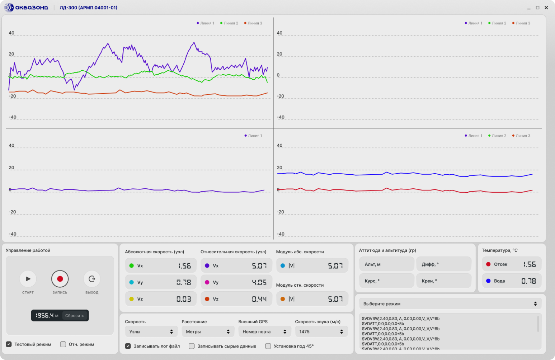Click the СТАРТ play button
[28, 279]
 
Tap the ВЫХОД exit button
[92, 279]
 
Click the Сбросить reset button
[75, 315]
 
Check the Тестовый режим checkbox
[9, 344]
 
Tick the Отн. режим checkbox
[63, 344]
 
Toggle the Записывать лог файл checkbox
[128, 346]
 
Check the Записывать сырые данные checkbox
[191, 346]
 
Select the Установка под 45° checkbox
[268, 346]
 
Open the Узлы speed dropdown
[151, 331]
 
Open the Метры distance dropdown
[208, 331]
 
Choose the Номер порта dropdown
[265, 331]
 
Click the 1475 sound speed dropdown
[321, 331]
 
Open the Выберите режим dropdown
[450, 303]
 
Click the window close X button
[546, 8]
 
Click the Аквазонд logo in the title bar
[27, 8]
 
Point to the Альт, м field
[386, 264]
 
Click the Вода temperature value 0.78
[529, 281]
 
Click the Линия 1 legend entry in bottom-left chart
[253, 136]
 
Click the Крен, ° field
[444, 281]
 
